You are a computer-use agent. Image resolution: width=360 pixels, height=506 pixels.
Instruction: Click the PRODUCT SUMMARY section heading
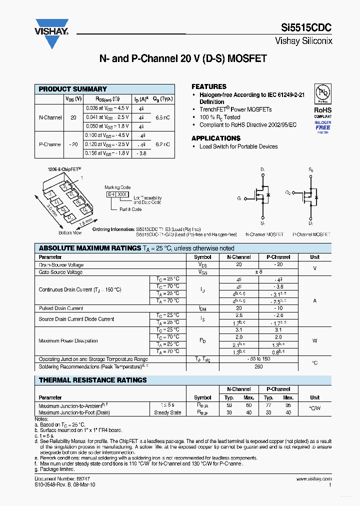72,89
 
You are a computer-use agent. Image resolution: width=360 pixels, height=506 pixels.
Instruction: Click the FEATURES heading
209,86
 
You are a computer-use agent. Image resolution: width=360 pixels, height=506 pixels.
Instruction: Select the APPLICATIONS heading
216,138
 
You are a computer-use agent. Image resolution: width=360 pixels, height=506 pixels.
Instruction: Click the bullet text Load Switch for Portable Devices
238,146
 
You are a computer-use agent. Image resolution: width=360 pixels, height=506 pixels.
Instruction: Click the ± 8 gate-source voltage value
258,272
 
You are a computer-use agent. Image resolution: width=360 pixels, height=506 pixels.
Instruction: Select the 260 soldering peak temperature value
258,366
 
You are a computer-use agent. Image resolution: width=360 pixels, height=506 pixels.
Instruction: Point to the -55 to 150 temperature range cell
258,359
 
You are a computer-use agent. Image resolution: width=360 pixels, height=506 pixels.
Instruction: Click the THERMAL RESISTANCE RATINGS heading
93,380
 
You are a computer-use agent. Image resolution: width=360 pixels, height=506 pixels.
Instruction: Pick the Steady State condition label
167,412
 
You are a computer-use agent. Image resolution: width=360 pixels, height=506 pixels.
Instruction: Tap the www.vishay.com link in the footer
313,478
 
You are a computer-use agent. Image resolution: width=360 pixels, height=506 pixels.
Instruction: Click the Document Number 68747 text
55,478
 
